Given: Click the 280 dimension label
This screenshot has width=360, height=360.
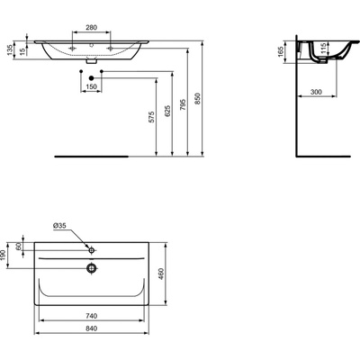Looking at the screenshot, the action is [92, 28].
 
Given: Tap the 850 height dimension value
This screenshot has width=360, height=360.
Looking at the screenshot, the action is [197, 98].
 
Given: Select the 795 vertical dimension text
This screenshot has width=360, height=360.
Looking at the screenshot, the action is [183, 104].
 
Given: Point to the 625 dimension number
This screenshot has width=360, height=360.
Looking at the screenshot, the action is [167, 111].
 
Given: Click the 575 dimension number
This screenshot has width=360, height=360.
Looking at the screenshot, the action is [152, 117].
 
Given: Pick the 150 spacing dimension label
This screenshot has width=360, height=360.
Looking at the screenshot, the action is [92, 86].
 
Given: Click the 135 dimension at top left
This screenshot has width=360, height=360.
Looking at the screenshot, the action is [10, 49].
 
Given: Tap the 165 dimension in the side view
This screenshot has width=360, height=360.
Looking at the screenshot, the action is [281, 51].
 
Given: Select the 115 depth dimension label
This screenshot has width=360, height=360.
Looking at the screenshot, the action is [323, 49].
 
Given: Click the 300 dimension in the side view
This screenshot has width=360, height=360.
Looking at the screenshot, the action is [316, 92].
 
